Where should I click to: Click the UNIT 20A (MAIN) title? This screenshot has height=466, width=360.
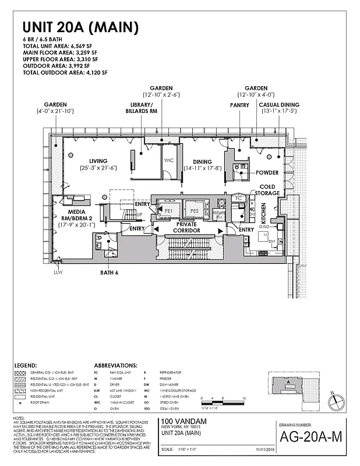coord(80,27)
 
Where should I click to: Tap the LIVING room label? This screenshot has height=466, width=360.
coord(100,161)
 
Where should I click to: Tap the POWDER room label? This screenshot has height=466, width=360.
coord(267,172)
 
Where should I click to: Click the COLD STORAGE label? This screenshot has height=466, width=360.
coord(267,189)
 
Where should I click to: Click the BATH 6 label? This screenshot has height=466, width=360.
coord(109,272)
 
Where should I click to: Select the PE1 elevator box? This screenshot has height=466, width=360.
coord(168,211)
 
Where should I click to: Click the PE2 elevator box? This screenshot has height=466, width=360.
coord(195,211)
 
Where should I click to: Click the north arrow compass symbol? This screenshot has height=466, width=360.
coord(333,401)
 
